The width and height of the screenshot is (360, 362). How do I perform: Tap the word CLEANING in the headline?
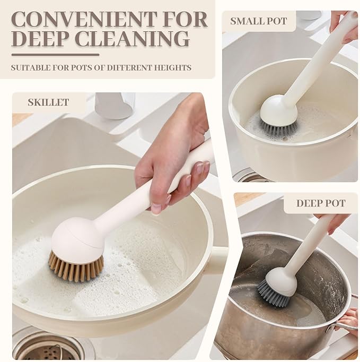coord(133,39)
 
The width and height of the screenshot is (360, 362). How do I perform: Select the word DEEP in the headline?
coord(41,39)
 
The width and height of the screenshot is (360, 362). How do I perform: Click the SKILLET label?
coord(48,102)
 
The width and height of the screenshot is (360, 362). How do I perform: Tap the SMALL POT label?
coord(259,21)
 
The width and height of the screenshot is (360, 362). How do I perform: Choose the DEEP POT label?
coord(321,203)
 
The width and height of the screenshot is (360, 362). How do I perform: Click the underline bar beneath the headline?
coord(55,55)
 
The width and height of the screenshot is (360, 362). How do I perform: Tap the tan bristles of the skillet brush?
coord(76,267)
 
